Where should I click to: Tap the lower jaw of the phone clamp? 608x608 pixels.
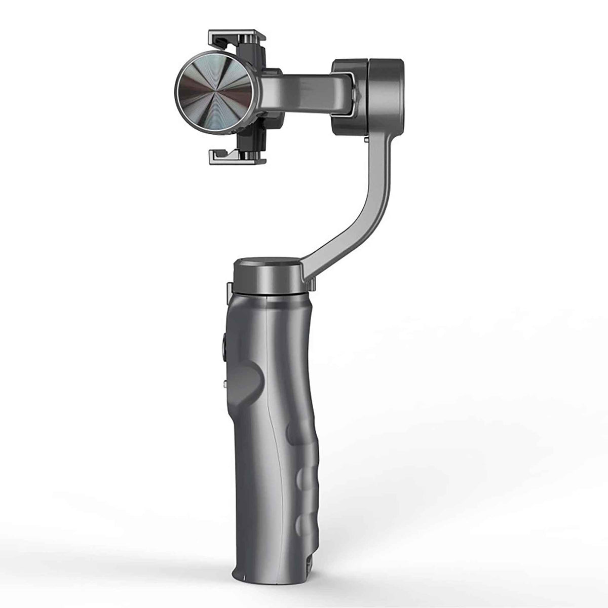(237, 158)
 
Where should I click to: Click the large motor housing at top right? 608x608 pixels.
(369, 96)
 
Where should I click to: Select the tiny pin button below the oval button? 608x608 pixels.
(223, 386)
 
